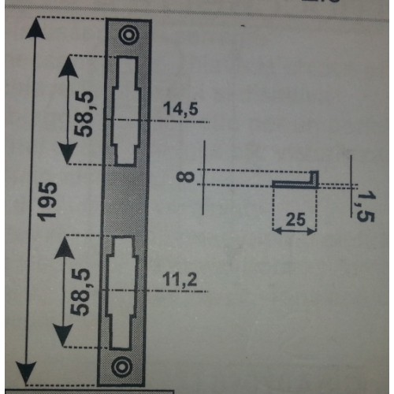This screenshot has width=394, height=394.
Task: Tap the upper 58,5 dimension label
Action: [84, 114]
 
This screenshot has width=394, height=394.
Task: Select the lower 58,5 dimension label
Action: [80, 292]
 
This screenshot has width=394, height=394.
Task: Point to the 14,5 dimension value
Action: [180, 109]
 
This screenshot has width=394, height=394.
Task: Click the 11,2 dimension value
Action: [180, 279]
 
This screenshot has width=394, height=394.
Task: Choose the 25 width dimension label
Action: [295, 219]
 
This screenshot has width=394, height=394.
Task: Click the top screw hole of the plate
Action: [128, 35]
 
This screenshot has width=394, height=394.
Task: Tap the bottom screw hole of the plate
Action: [121, 366]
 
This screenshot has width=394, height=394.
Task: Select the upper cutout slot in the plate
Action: [126, 111]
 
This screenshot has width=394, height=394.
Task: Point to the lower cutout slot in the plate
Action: [121, 292]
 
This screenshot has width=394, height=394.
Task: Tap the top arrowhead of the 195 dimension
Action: [35, 28]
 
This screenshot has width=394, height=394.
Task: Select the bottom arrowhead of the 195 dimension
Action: [26, 373]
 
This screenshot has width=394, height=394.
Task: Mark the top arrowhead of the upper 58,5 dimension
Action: [69, 66]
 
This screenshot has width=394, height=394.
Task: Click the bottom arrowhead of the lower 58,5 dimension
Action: [63, 336]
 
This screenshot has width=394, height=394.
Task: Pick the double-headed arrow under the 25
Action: [295, 231]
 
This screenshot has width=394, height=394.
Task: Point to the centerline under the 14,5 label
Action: [158, 121]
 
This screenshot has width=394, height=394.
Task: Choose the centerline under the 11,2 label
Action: [154, 291]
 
